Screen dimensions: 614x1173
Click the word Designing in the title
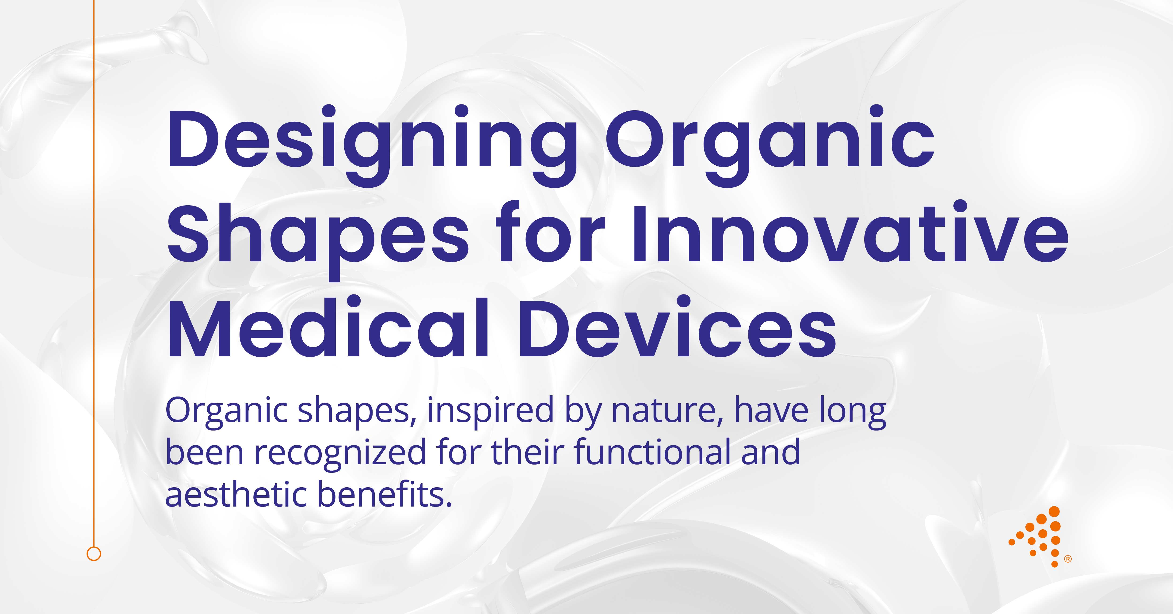[371, 141]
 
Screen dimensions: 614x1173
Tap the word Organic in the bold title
[769, 141]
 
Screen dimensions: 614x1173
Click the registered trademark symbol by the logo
[1068, 559]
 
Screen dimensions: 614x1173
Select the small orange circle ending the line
[94, 554]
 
